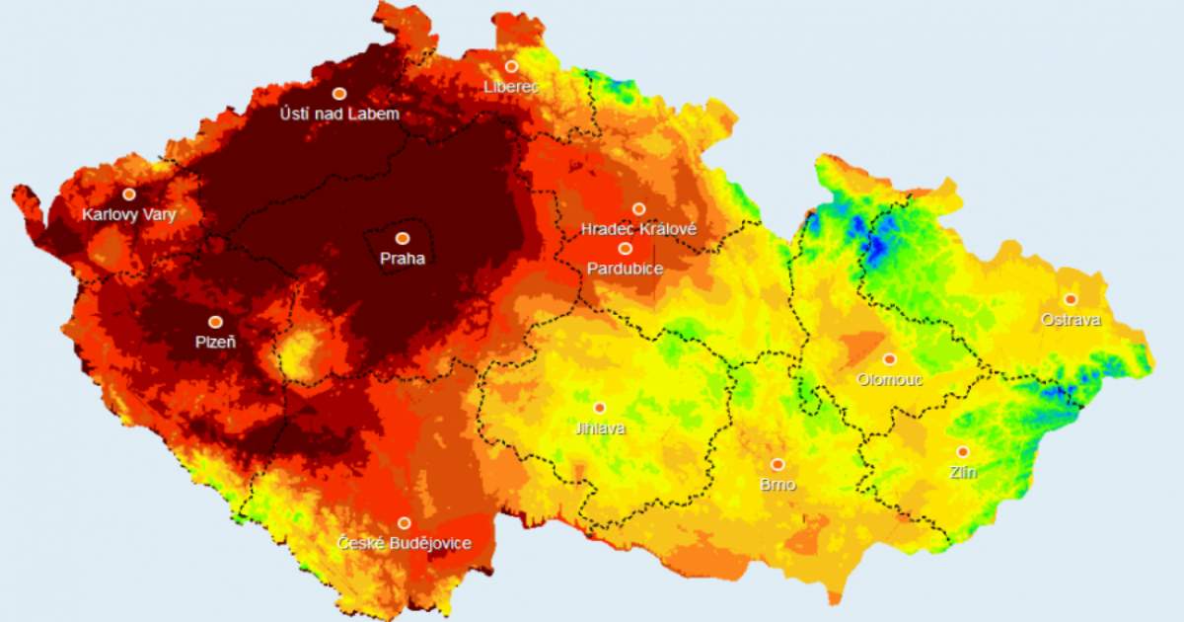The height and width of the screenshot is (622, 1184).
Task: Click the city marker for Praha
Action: click(x=403, y=238)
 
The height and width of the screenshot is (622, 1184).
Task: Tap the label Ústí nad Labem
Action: click(x=339, y=114)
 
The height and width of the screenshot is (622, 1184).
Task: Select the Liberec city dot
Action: click(x=511, y=66)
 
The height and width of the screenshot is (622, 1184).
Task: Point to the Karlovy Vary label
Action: click(x=128, y=214)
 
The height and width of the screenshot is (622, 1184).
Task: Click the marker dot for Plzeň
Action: click(x=215, y=322)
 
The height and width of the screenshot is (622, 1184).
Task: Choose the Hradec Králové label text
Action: click(x=638, y=228)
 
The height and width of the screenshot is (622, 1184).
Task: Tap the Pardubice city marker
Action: click(x=625, y=248)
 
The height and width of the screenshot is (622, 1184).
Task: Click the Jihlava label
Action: click(x=600, y=428)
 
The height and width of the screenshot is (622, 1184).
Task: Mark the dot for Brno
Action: click(x=777, y=464)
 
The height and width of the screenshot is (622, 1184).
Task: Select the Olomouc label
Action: click(x=889, y=379)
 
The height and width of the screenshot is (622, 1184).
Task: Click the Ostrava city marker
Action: click(x=1071, y=299)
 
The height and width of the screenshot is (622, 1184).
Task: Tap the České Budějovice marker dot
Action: click(x=404, y=522)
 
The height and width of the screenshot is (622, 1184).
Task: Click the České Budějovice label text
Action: click(x=404, y=543)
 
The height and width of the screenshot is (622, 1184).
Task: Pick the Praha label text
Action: click(x=403, y=259)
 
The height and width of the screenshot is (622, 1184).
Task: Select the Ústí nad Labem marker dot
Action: click(x=339, y=93)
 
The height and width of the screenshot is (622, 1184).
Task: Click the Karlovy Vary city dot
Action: click(x=128, y=194)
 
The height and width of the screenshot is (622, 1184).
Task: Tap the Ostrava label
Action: click(x=1071, y=320)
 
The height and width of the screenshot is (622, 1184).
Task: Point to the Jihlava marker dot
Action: click(x=599, y=408)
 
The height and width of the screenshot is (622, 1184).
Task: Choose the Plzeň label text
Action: click(x=215, y=343)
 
